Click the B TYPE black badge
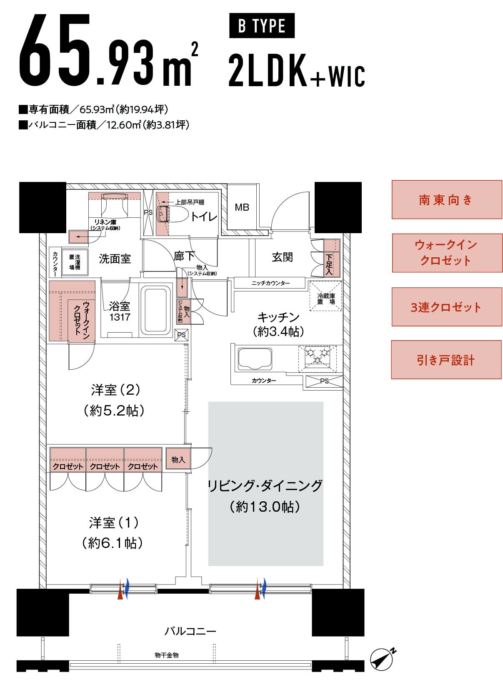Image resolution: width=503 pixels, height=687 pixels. point(261,25)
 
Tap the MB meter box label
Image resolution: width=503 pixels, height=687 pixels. point(242,208)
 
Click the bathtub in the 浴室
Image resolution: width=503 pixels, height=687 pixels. point(156,310)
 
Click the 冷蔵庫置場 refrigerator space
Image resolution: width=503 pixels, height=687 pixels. point(325,296)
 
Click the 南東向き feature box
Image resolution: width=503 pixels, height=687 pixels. point(446,200)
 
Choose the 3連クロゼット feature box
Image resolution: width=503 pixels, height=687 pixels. point(446,307)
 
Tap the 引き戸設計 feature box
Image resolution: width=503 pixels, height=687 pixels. point(446,360)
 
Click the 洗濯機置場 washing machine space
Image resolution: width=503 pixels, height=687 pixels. point(75,261)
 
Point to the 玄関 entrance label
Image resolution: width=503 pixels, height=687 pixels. point(282,257)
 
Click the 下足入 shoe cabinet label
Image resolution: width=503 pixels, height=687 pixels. point(329,264)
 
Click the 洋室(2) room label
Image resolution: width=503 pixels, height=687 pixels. point(115,390)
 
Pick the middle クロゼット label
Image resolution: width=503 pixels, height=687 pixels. point(105,466)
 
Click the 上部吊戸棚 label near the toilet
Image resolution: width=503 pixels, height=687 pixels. point(189,202)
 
